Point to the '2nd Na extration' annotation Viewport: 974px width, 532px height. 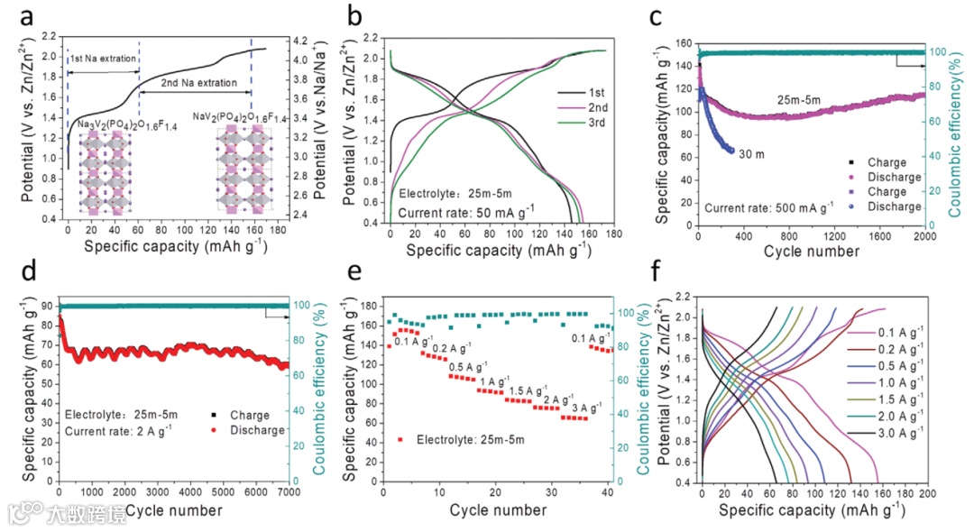point(195,83)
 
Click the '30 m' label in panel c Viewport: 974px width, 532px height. point(751,154)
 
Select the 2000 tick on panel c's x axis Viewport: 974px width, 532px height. point(925,236)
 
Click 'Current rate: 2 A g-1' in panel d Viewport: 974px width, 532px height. point(118,431)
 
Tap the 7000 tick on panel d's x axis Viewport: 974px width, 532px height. point(289,491)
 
